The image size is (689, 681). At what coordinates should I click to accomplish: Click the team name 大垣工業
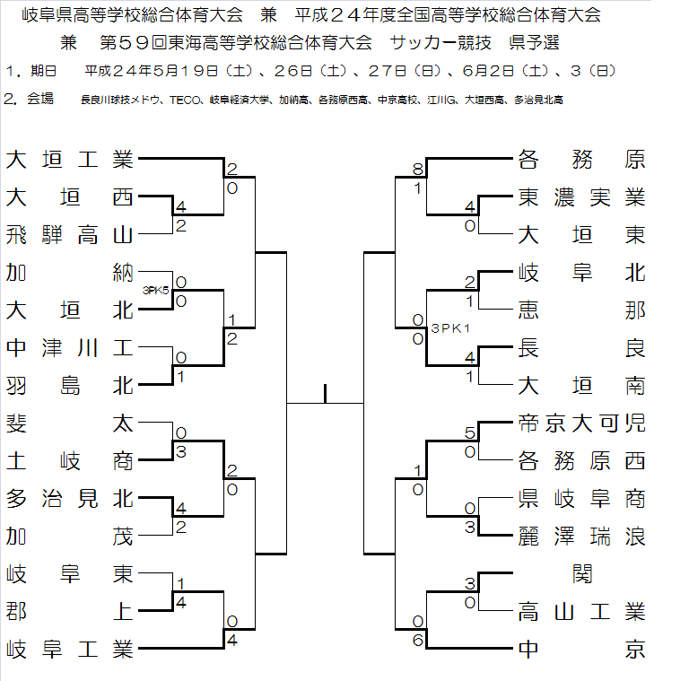[x=69, y=160]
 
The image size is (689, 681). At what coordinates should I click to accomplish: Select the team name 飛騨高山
[x=69, y=235]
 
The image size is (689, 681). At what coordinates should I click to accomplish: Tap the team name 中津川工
[x=69, y=348]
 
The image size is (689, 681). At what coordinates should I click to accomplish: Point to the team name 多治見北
[x=69, y=498]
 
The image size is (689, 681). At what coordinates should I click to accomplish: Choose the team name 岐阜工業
[x=69, y=648]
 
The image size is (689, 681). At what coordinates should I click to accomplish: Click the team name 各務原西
[x=581, y=461]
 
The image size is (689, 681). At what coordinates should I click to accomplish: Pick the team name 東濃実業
[x=581, y=197]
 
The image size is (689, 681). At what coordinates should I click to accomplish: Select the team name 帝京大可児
[x=581, y=423]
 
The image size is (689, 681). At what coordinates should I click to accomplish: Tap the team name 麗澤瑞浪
[x=581, y=537]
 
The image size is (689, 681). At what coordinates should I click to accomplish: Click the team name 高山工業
[x=581, y=612]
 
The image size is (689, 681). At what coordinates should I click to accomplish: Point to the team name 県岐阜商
[x=581, y=499]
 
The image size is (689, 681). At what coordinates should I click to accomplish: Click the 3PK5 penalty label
[x=157, y=290]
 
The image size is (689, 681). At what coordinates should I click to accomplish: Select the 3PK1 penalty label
[x=451, y=328]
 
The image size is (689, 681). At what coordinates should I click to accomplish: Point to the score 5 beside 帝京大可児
[x=469, y=432]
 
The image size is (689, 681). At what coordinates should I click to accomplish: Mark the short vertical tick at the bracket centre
[x=325, y=394]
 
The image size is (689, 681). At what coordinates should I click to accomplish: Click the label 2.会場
[x=26, y=100]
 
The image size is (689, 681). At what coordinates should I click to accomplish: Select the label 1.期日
[x=31, y=70]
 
